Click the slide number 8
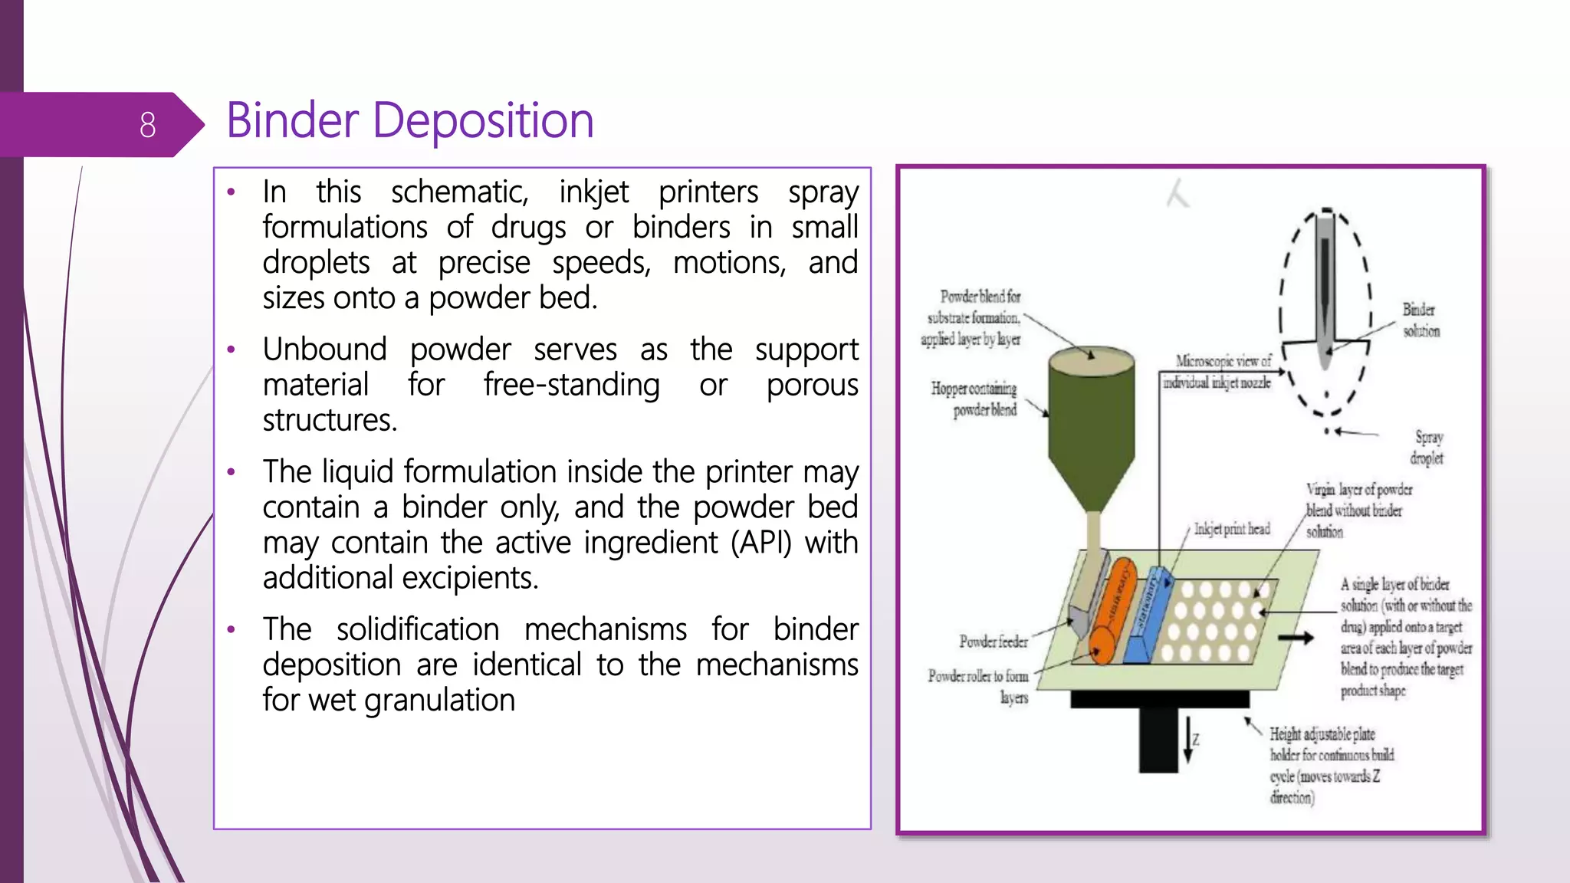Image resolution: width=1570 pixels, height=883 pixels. pyautogui.click(x=147, y=125)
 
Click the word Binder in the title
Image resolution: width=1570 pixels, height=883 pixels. pyautogui.click(x=292, y=121)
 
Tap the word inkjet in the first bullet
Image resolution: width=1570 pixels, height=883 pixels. pyautogui.click(x=593, y=192)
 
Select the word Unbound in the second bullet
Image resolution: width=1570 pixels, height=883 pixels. pyautogui.click(x=324, y=350)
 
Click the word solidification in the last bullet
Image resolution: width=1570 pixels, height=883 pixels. pyautogui.click(x=418, y=629)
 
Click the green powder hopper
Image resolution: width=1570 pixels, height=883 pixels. pyautogui.click(x=1090, y=429)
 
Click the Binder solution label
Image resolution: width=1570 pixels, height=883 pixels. pyautogui.click(x=1421, y=320)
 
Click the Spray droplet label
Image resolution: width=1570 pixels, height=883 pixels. pyautogui.click(x=1427, y=448)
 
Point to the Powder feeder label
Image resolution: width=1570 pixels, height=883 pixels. pyautogui.click(x=993, y=642)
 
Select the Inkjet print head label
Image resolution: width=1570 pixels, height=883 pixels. pyautogui.click(x=1231, y=529)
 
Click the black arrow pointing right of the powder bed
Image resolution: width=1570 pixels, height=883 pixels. pyautogui.click(x=1296, y=638)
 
